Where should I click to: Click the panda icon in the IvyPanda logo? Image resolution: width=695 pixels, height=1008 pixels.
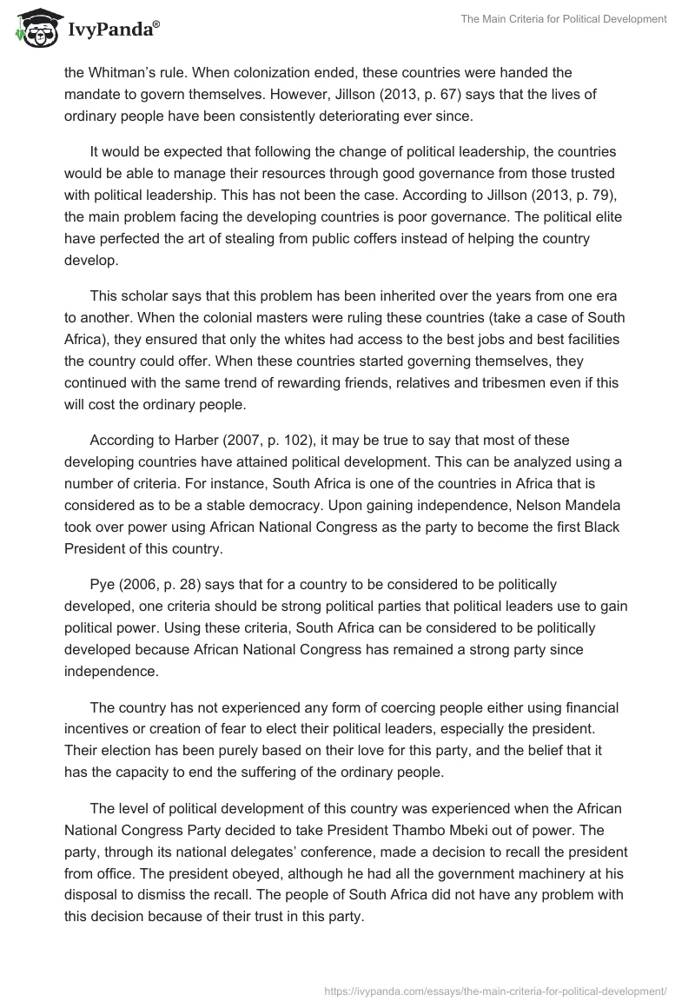pos(33,29)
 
